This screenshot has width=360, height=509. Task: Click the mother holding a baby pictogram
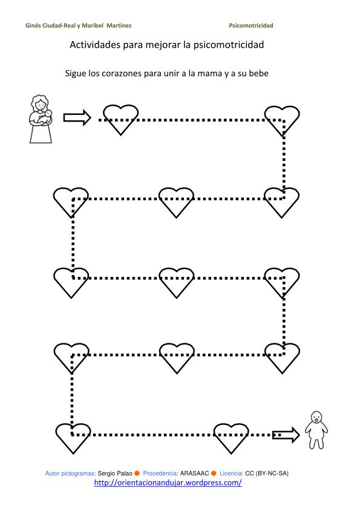[x=41, y=119]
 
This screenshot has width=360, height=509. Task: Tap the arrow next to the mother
[x=77, y=117]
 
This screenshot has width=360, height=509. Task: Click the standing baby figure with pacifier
[x=316, y=430]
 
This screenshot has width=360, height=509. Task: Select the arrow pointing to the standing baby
[x=286, y=435]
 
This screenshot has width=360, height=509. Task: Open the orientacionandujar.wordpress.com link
[x=168, y=483]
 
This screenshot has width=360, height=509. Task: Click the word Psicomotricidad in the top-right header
[x=251, y=25]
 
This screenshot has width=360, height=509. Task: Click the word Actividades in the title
[x=95, y=45]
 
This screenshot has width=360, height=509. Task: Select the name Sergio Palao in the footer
[x=115, y=473]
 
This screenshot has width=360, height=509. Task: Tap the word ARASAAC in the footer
[x=194, y=473]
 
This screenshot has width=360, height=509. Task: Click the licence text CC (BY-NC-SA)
[x=267, y=473]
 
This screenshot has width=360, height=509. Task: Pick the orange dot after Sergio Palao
[x=137, y=473]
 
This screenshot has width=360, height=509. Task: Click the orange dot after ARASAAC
[x=214, y=473]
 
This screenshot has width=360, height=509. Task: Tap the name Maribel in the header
[x=93, y=25]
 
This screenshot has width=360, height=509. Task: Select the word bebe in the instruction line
[x=258, y=73]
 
